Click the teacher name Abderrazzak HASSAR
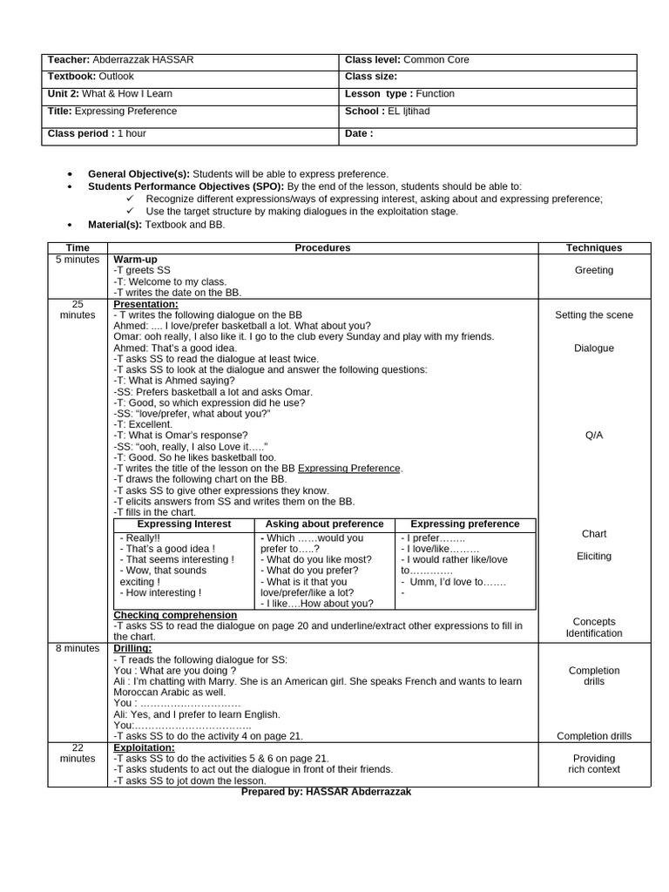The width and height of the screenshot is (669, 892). pos(143,60)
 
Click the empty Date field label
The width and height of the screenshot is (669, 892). pos(359,133)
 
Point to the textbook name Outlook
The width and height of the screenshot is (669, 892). pos(116,77)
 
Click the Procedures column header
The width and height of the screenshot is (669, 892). pos(322,248)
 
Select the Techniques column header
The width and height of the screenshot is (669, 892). pos(593,248)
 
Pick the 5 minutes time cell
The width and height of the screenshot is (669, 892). pos(78,260)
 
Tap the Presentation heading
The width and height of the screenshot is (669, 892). pos(145,304)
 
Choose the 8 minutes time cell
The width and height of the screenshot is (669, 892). pos(78,648)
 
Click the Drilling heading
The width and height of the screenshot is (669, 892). pos(132,648)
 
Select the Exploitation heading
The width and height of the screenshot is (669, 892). pos(144,747)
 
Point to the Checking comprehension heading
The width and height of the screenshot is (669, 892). pos(169,615)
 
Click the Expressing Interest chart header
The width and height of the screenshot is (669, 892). pos(184,524)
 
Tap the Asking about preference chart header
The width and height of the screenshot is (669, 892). pos(324,524)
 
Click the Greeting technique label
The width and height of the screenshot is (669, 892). pos(593,270)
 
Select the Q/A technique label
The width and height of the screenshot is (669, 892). pos(593,436)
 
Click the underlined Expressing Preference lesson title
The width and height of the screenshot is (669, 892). pos(349,469)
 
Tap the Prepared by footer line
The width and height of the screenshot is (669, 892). pos(326,792)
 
